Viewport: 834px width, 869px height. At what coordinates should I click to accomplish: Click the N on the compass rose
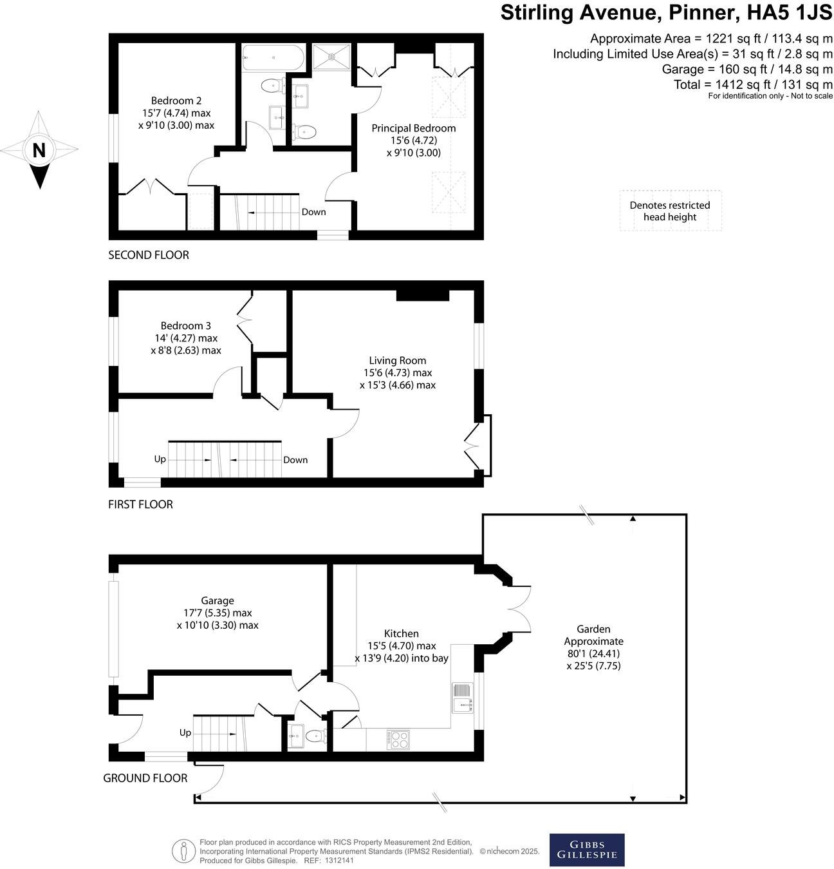[39, 150]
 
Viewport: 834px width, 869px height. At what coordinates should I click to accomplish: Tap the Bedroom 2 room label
[176, 100]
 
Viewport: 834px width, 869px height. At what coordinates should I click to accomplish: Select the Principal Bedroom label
[413, 128]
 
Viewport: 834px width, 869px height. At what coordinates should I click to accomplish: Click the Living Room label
[397, 361]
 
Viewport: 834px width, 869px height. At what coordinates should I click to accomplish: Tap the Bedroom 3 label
[185, 326]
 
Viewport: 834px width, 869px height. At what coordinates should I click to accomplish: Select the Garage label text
[217, 600]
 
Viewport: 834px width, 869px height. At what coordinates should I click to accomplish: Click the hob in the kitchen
[398, 739]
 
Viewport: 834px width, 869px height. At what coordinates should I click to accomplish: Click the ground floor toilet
[315, 736]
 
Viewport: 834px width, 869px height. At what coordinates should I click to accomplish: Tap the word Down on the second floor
[313, 212]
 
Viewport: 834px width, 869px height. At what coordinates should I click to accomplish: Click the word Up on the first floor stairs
[160, 459]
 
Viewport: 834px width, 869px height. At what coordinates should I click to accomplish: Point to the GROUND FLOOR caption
[145, 778]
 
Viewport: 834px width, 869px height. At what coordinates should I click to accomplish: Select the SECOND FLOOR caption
[149, 255]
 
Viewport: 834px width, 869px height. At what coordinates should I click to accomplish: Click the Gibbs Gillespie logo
[586, 850]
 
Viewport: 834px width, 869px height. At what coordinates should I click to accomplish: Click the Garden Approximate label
[593, 635]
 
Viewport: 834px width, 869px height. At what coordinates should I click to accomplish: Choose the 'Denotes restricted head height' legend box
[670, 211]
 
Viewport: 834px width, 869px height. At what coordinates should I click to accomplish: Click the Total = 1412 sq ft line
[753, 84]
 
